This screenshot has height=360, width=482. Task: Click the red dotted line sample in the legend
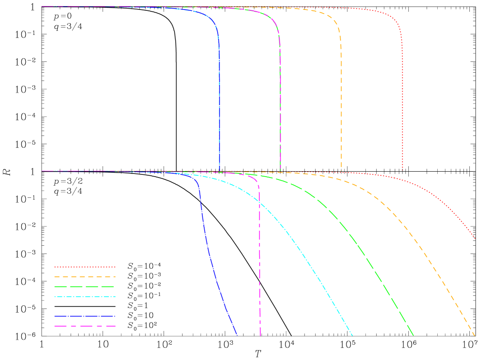pos(85,267)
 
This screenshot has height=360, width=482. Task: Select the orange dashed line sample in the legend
pos(85,277)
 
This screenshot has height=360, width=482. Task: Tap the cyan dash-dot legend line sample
pos(85,297)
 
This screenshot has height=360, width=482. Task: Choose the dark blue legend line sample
pos(85,316)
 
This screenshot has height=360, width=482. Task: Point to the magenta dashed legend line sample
pos(85,326)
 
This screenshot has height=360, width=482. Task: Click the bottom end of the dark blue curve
pos(237,336)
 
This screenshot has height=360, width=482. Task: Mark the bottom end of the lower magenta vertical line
pos(260,336)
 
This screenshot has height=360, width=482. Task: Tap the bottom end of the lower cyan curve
pos(352,336)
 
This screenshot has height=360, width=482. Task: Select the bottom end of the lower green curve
pos(413,336)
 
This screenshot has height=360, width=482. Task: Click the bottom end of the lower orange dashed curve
pos(474,336)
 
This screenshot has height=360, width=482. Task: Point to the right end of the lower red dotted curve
pos(475,238)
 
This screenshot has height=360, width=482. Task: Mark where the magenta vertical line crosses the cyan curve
pos(260,202)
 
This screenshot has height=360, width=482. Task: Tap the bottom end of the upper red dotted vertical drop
pos(402,170)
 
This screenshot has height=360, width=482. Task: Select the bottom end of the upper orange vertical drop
pos(341,170)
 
